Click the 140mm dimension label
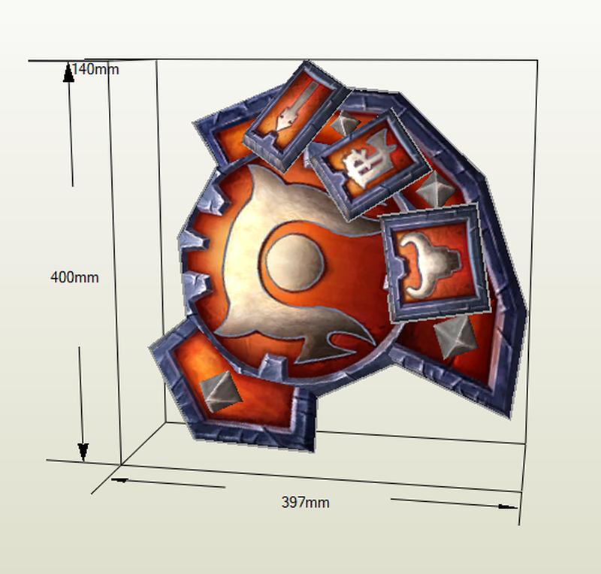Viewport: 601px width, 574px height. click(x=95, y=69)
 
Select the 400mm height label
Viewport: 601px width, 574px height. click(x=74, y=277)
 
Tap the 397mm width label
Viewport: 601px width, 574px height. click(x=305, y=503)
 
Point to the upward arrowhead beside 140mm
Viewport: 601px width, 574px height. click(x=68, y=73)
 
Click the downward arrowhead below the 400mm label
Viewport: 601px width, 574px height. click(x=83, y=452)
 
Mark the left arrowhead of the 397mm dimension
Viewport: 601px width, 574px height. click(x=119, y=479)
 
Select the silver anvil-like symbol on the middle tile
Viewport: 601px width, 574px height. click(x=368, y=160)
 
